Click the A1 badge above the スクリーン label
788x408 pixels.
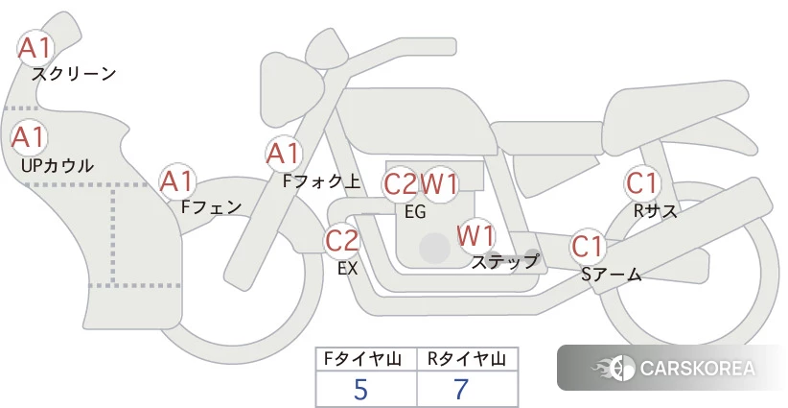pyautogui.click(x=36, y=47)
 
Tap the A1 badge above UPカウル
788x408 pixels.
pyautogui.click(x=29, y=137)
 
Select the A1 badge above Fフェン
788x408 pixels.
pyautogui.click(x=176, y=180)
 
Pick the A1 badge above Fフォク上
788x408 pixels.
pyautogui.click(x=284, y=153)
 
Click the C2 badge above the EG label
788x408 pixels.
pyautogui.click(x=400, y=183)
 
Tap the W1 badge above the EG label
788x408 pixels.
pyautogui.click(x=440, y=183)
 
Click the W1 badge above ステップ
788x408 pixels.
pyautogui.click(x=475, y=234)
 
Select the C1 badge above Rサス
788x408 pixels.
pyautogui.click(x=641, y=182)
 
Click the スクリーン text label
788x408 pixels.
pyautogui.click(x=74, y=73)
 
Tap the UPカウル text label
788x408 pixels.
pyautogui.click(x=58, y=165)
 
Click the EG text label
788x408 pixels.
pyautogui.click(x=415, y=212)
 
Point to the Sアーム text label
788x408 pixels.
pyautogui.click(x=612, y=275)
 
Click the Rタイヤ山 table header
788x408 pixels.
pyautogui.click(x=467, y=359)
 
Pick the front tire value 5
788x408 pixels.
pyautogui.click(x=360, y=389)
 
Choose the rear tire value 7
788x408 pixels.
pyautogui.click(x=461, y=389)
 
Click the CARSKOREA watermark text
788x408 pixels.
pyautogui.click(x=697, y=369)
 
